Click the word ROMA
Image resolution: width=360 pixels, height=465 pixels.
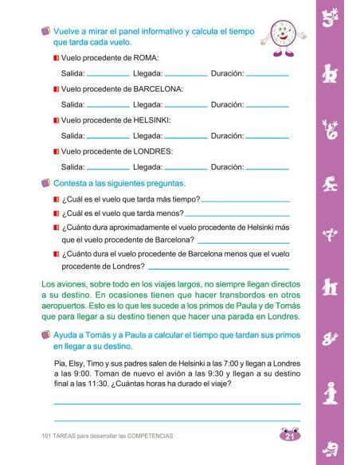148,59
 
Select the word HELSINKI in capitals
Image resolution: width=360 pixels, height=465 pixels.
156,120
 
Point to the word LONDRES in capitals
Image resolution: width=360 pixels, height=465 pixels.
156,151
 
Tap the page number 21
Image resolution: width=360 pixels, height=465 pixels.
291,436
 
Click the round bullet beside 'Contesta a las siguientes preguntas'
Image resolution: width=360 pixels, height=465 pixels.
46,183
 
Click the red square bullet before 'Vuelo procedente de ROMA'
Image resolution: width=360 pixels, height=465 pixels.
56,59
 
